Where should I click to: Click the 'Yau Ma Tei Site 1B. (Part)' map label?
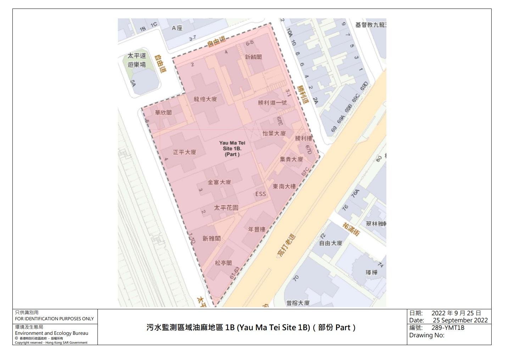point(232,149)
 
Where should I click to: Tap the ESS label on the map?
point(261,194)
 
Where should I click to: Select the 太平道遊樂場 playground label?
point(137,60)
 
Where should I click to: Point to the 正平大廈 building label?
point(184,152)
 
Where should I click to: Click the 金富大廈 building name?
point(219,182)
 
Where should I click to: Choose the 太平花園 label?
point(226,207)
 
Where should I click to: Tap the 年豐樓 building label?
point(257,229)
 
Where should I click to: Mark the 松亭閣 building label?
point(223,263)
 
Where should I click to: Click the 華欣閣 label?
point(163,112)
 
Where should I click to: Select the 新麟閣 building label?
point(253,57)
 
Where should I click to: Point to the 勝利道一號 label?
point(272,103)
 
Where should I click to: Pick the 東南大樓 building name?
point(284,186)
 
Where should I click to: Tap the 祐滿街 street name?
point(352,229)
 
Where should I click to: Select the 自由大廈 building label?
point(331,243)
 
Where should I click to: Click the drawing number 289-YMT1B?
point(448,328)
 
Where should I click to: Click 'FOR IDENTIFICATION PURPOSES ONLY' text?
point(54,319)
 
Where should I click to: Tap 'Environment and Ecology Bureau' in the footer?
point(51,333)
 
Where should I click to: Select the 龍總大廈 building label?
point(205,99)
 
